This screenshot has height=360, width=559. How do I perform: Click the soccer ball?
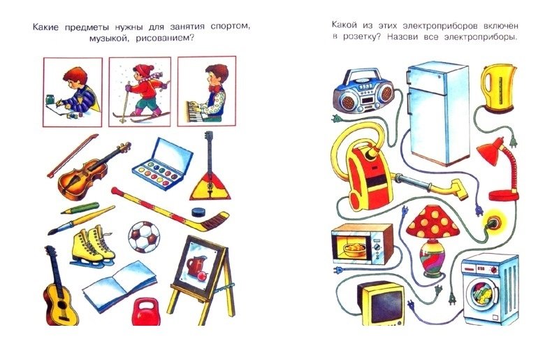coord(144,237)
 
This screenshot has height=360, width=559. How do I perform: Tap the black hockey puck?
coord(198,213)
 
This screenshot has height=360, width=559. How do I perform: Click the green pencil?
coord(80,208)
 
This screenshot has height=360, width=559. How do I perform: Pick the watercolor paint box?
coord(163,164)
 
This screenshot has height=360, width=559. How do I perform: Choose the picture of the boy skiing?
coord(140,92)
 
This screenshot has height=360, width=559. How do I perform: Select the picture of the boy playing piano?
coord(207,92)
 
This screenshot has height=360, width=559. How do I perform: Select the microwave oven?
coord(362,245)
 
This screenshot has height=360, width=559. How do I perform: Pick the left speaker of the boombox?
coord(345,101)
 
